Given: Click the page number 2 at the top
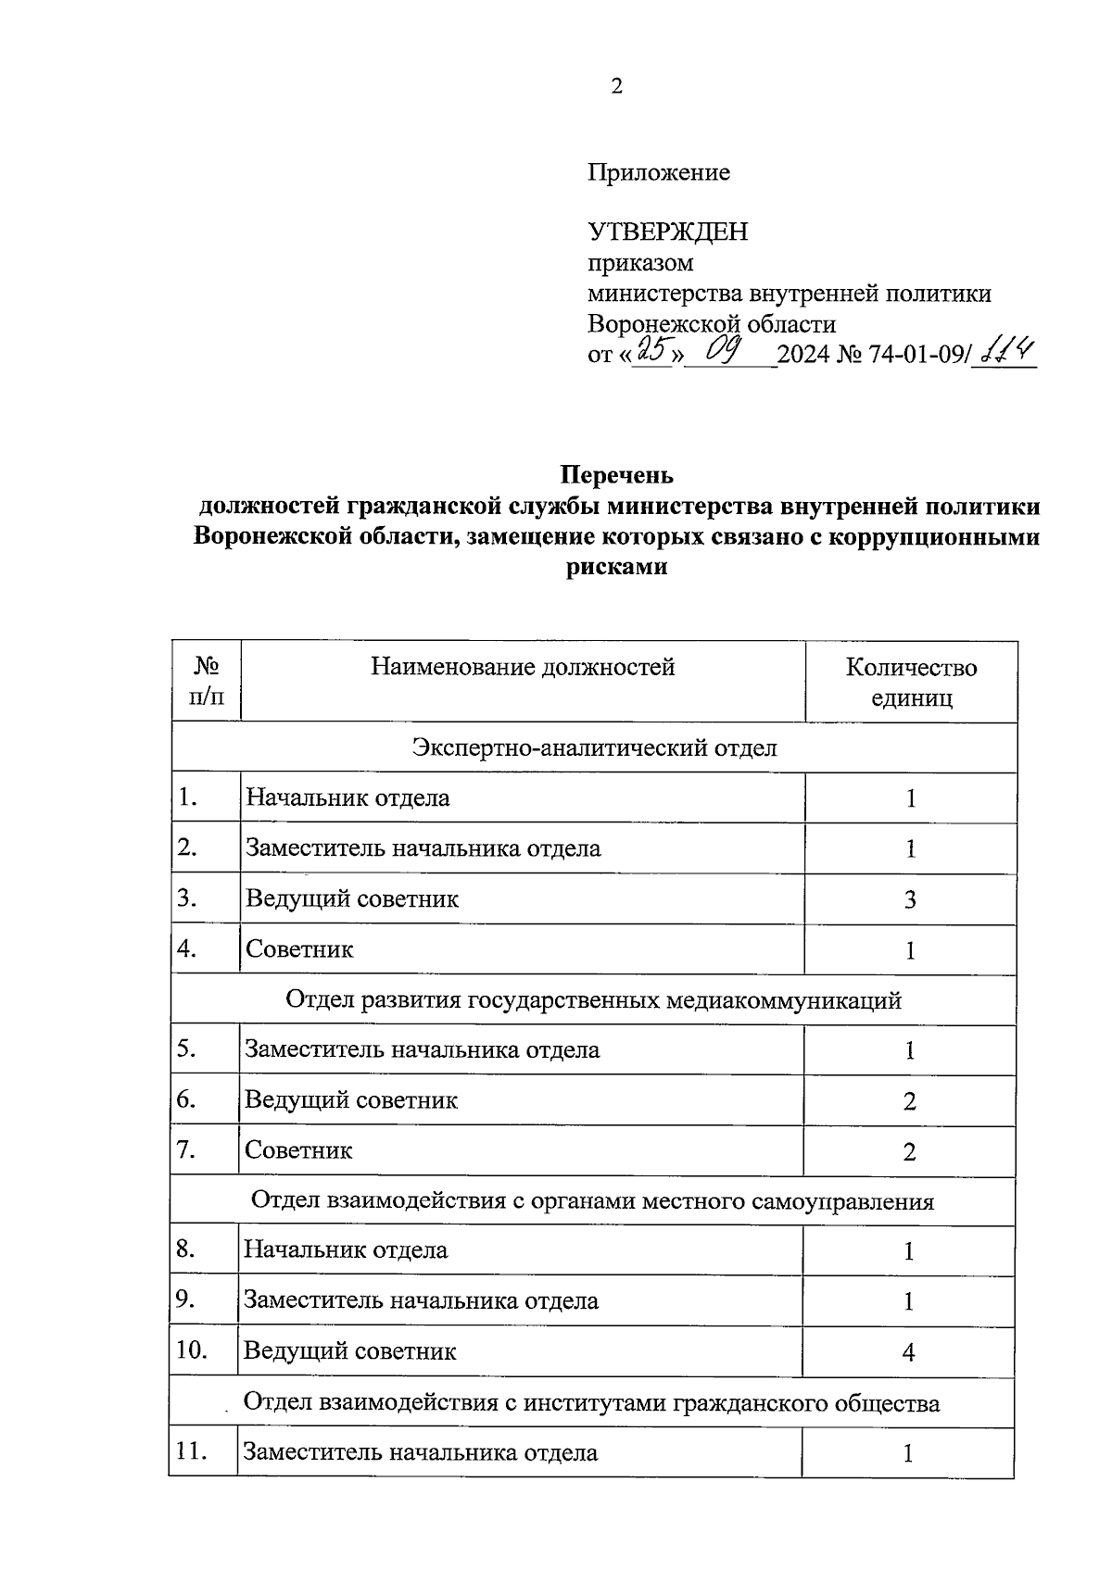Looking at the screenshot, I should point(616,87).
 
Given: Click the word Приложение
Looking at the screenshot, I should point(658,172).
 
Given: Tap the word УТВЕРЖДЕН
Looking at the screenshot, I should point(667,232).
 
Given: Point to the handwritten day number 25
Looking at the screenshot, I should point(654,351).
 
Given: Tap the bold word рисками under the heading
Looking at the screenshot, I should point(616,567).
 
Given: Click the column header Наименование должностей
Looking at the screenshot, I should point(523,667).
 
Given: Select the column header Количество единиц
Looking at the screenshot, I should point(911,683).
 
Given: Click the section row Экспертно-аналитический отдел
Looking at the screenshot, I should point(594,747).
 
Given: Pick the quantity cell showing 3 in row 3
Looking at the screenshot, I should point(910,899).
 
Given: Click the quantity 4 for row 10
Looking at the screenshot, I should point(908,1352).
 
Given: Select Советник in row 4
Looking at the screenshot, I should point(299,949).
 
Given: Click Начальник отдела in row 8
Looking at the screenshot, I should point(346,1250).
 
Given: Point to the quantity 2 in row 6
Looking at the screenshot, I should point(909,1101).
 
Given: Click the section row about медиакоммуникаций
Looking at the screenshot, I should point(593,1000).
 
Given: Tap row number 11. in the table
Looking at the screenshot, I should point(191,1451).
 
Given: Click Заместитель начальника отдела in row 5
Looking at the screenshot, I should point(422,1050).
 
